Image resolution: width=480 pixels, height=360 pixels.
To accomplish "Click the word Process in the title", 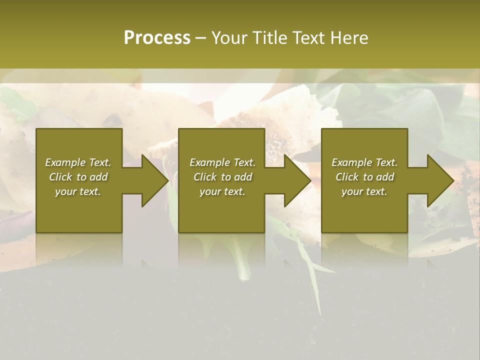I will click(157, 38).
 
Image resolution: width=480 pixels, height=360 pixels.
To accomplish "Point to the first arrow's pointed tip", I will click(167, 180).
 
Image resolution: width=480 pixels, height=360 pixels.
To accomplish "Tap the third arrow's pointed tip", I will click(453, 180).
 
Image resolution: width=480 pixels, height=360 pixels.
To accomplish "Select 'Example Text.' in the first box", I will click(78, 162).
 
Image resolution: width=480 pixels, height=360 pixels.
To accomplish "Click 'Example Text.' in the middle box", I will click(222, 162).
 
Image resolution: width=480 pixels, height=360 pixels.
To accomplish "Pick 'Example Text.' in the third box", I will click(364, 162).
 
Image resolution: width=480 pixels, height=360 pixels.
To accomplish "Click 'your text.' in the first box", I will click(78, 191).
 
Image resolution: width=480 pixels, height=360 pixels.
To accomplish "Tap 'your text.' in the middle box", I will click(222, 191).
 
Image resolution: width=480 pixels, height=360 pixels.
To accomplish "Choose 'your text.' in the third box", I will click(364, 191).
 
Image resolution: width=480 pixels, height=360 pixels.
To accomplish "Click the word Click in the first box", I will click(60, 177).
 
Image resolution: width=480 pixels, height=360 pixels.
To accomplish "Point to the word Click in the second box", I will click(205, 177).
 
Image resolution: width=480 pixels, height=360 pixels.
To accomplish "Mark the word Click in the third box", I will click(347, 177).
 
